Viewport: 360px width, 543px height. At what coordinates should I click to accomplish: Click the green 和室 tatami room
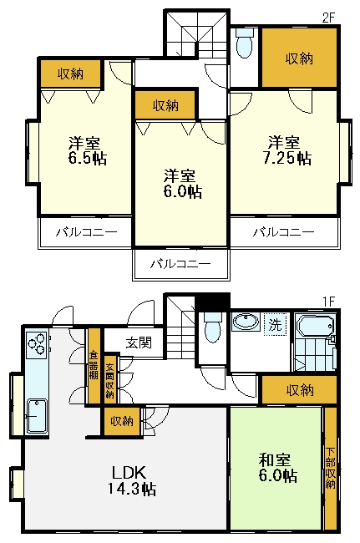tap(276, 468)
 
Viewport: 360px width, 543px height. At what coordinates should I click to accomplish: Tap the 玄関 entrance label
tap(139, 342)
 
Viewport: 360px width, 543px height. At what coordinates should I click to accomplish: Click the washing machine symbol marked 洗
tap(274, 324)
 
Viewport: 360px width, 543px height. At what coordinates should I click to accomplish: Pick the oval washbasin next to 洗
tap(245, 323)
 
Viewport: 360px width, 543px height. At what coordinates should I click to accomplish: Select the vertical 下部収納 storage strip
tap(331, 469)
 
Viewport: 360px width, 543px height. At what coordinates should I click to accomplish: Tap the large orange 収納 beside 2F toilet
tap(299, 58)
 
